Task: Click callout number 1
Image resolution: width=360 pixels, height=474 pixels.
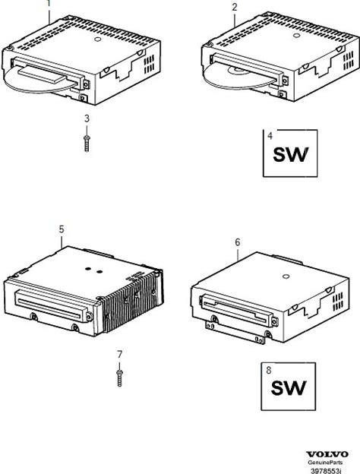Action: [x=49, y=3]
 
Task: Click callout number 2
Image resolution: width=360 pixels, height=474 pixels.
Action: [x=235, y=8]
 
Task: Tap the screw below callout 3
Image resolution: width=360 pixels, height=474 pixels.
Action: [x=87, y=144]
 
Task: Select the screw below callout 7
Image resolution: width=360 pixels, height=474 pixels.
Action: [x=120, y=378]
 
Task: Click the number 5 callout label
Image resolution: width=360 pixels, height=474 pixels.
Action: [x=62, y=229]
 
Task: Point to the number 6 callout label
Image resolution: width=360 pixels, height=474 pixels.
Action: [x=238, y=242]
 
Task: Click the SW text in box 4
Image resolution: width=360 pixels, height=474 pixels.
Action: [x=291, y=154]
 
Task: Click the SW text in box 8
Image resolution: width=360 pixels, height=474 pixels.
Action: [x=289, y=388]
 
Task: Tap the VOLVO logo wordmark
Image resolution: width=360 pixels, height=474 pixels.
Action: [x=327, y=454]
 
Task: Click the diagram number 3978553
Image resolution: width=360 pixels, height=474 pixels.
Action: [x=326, y=471]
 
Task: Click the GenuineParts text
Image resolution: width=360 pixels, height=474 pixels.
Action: [x=326, y=463]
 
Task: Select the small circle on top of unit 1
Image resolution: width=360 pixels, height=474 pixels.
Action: [x=97, y=39]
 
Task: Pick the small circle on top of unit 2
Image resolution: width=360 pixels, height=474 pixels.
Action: [x=296, y=36]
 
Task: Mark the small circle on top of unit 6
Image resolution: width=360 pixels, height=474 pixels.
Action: [x=286, y=276]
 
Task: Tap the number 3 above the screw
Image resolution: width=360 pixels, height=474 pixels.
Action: [x=87, y=118]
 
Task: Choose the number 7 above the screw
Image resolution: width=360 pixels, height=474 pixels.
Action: [x=120, y=354]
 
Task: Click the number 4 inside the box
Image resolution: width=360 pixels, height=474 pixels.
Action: [x=270, y=136]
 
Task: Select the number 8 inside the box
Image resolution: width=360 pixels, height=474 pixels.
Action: [x=268, y=370]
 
